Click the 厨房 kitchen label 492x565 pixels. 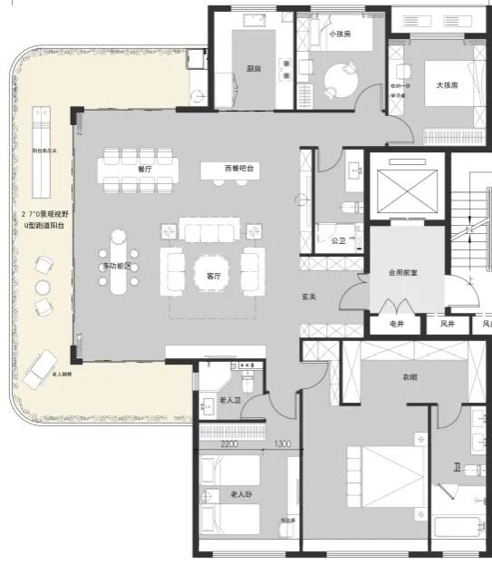pyautogui.click(x=254, y=68)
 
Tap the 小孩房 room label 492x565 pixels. pyautogui.click(x=340, y=34)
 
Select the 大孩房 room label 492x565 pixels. pyautogui.click(x=447, y=85)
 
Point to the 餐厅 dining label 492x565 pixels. pyautogui.click(x=145, y=169)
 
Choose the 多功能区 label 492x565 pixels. pyautogui.click(x=116, y=266)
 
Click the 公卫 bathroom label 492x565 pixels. pyautogui.click(x=338, y=241)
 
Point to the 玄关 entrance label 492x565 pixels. pyautogui.click(x=308, y=297)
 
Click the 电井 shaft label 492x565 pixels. pyautogui.click(x=396, y=324)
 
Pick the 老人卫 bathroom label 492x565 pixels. pyautogui.click(x=230, y=400)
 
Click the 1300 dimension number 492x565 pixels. pyautogui.click(x=282, y=444)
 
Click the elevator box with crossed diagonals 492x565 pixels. pyautogui.click(x=407, y=189)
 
